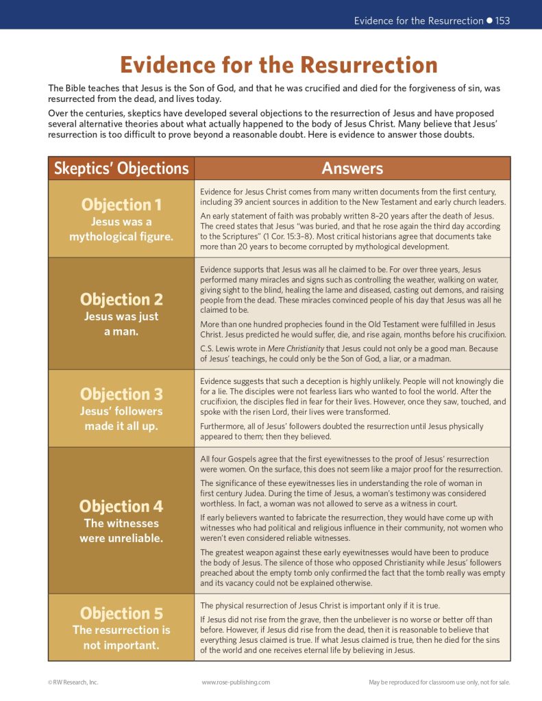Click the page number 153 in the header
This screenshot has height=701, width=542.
[x=502, y=21]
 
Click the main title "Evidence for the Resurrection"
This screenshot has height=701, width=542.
[x=279, y=65]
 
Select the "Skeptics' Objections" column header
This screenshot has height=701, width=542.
[x=121, y=168]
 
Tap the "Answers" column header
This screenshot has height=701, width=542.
[x=352, y=168]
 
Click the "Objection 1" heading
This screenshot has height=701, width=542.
[x=121, y=204]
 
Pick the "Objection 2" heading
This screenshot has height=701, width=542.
[x=121, y=299]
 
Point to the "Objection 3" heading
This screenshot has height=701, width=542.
[x=121, y=394]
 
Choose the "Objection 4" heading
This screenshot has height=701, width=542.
[x=121, y=506]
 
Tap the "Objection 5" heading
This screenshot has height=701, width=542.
[x=121, y=613]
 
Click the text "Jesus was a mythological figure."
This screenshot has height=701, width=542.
[x=121, y=229]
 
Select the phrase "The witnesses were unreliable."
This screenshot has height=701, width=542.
[x=121, y=531]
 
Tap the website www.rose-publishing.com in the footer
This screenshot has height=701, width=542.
[x=236, y=682]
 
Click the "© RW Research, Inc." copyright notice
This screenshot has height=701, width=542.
[x=73, y=682]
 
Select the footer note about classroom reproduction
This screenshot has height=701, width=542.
[x=439, y=682]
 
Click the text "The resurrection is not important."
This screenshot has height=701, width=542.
[x=121, y=637]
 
